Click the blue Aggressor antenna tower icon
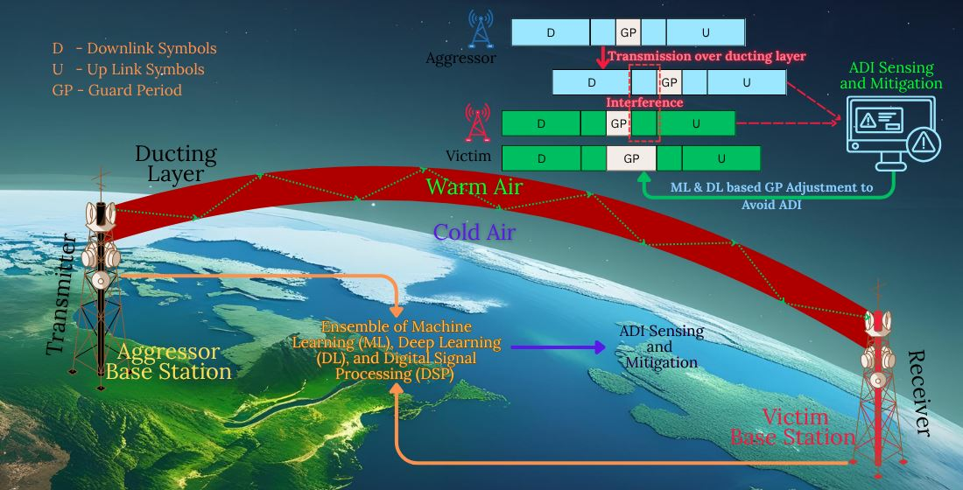click(481, 29)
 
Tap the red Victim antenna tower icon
click(478, 122)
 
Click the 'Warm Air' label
click(474, 186)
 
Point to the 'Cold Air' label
click(474, 232)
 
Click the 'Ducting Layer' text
click(176, 164)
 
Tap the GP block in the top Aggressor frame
click(628, 32)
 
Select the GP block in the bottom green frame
click(631, 158)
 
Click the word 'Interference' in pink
click(644, 102)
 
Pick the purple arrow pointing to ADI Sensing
click(558, 347)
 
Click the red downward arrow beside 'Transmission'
click(602, 58)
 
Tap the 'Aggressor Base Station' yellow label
click(168, 361)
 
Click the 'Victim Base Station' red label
click(792, 427)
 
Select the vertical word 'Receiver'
click(919, 393)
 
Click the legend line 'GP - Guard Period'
click(117, 90)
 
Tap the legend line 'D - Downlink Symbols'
click(135, 48)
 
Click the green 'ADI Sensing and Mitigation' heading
click(891, 75)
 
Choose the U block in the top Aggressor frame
click(706, 32)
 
